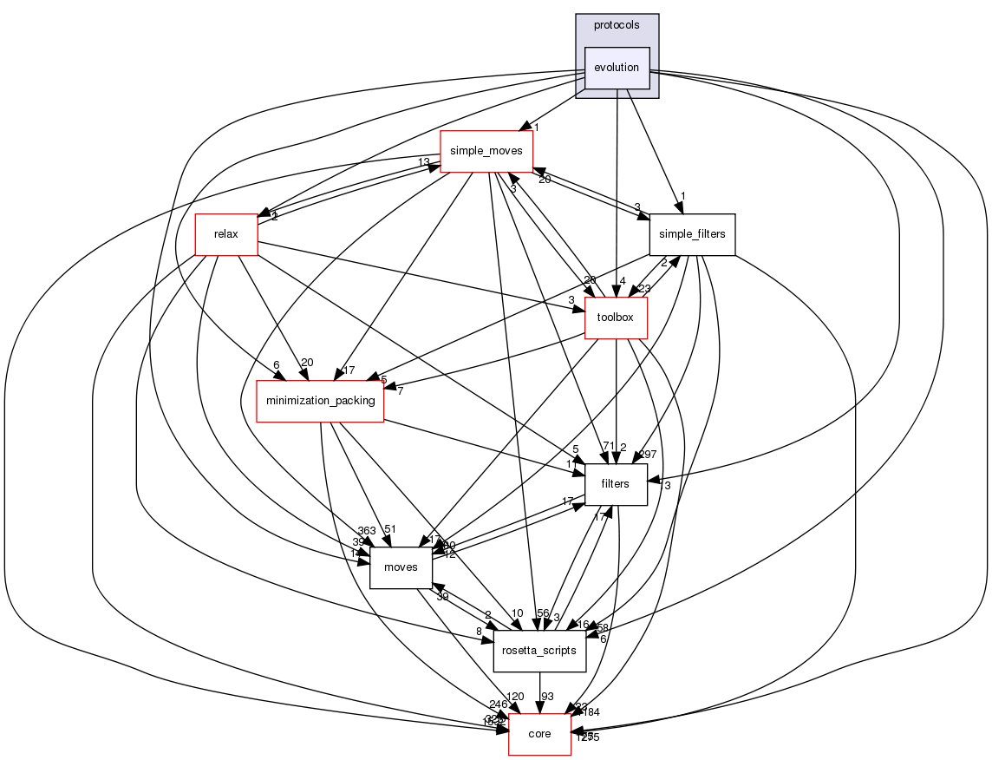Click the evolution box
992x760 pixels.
(617, 68)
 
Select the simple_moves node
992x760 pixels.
(486, 151)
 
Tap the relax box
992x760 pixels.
(226, 234)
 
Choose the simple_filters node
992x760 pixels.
(692, 234)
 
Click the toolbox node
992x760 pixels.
(617, 318)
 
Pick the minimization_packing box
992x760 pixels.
(321, 401)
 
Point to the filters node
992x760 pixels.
(616, 484)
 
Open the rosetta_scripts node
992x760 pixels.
(540, 651)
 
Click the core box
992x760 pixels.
(539, 734)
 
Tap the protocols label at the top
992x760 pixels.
(617, 25)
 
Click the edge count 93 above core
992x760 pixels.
(548, 698)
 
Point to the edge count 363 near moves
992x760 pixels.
(364, 531)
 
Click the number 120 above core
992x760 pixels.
(516, 698)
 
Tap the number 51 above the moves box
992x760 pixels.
(390, 530)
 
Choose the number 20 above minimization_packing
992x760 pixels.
(306, 364)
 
